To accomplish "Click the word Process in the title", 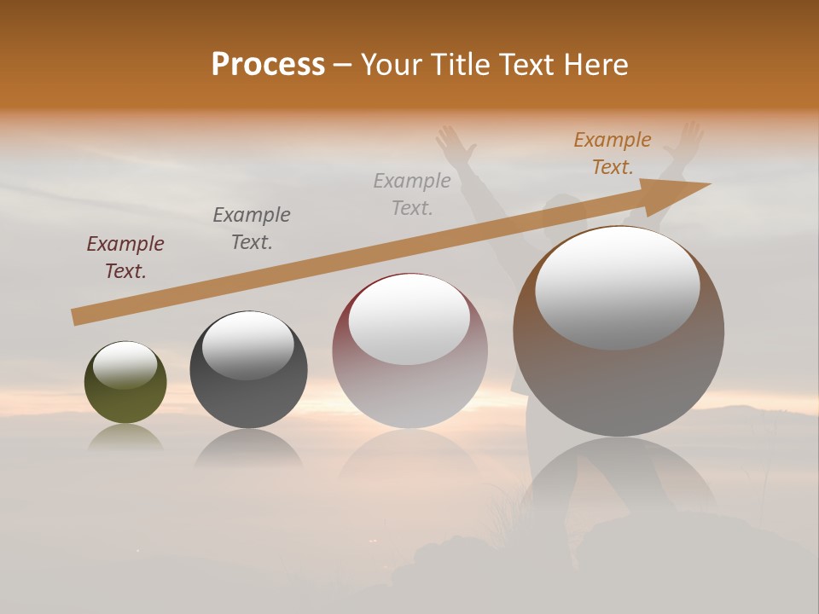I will pos(268,65).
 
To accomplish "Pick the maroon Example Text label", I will pos(125,258).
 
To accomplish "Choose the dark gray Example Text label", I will pos(252,229).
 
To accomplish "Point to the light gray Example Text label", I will pos(412,194).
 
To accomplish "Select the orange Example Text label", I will pos(613,153).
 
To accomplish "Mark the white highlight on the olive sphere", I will pos(125,365).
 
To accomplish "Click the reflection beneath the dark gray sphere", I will pos(248,448).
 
